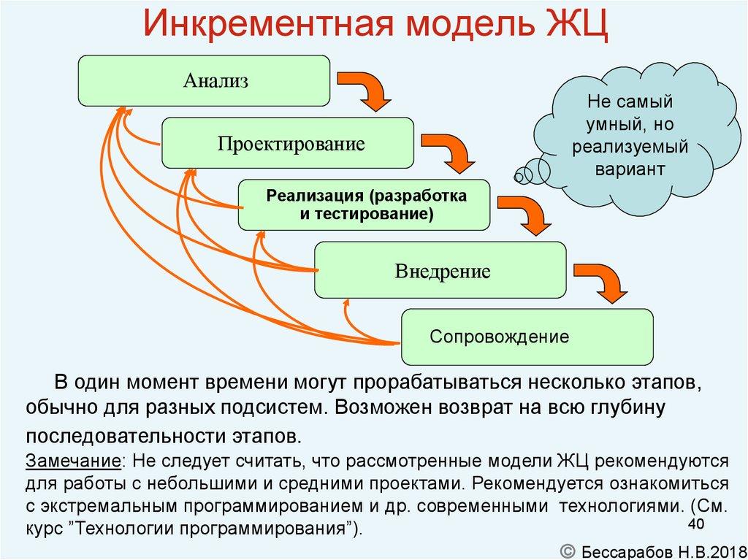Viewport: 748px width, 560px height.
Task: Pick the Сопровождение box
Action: point(526,337)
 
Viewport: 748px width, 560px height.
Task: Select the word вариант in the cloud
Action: point(630,169)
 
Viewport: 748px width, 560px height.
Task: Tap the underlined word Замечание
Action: point(74,462)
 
